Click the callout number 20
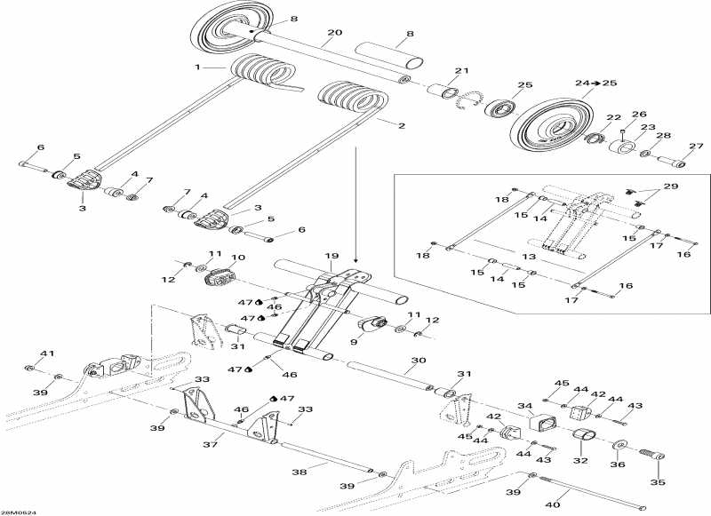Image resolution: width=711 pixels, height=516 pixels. pyautogui.click(x=333, y=33)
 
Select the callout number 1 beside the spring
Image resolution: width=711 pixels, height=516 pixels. pyautogui.click(x=198, y=67)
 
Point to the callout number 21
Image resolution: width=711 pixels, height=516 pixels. pyautogui.click(x=461, y=71)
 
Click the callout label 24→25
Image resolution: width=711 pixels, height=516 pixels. pyautogui.click(x=595, y=83)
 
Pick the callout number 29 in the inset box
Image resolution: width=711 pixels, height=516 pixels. pyautogui.click(x=670, y=188)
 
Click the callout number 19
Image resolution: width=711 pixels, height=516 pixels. pyautogui.click(x=331, y=256)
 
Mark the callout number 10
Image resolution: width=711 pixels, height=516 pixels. pyautogui.click(x=237, y=258)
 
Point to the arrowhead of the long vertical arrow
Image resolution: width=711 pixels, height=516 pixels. pyautogui.click(x=355, y=249)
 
